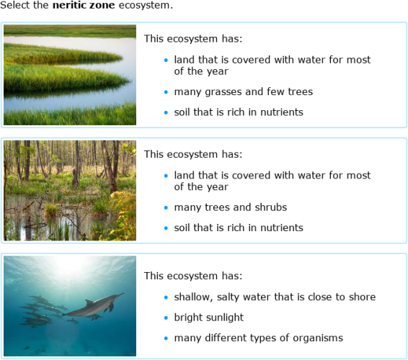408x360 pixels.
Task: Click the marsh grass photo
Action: point(69,75)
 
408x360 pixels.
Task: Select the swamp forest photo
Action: point(69,190)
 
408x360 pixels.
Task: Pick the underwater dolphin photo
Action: point(69,305)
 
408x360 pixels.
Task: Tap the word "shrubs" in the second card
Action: point(270,207)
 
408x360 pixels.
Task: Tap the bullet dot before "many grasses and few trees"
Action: point(165,92)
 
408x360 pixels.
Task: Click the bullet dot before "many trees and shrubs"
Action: point(165,207)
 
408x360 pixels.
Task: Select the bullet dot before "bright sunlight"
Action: point(165,318)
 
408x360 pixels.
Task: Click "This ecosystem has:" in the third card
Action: point(192,276)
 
